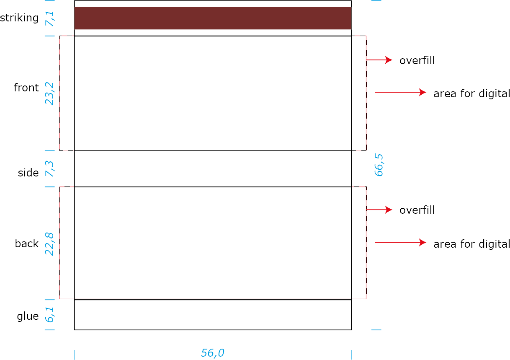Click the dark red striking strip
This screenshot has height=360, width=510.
tap(213, 18)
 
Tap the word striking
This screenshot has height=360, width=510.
tap(19, 18)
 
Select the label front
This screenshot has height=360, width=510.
tap(26, 88)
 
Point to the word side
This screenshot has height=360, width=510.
tap(28, 173)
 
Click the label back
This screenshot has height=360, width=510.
tap(27, 243)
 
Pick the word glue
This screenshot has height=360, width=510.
tap(28, 316)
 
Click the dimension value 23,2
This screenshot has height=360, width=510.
tap(50, 93)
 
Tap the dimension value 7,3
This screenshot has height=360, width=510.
tap(50, 168)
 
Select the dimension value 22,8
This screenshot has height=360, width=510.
tap(50, 244)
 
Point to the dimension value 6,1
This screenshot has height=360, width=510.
tap(50, 315)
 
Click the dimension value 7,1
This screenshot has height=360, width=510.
tap(50, 19)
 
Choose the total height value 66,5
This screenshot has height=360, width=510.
tap(379, 165)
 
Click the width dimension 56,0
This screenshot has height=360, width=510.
tap(212, 353)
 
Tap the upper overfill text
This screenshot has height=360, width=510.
tap(417, 60)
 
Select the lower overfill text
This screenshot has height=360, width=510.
tap(417, 210)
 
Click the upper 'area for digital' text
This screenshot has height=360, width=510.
tap(471, 93)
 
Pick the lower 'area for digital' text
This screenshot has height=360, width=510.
tap(471, 244)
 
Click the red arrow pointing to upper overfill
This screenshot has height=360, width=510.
tap(379, 60)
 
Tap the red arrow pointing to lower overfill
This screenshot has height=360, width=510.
tap(379, 210)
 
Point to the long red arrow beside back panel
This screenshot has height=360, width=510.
tap(401, 242)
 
